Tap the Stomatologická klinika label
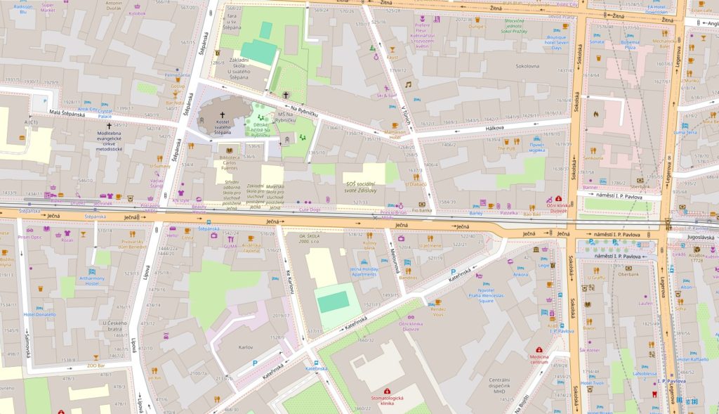click(386, 401)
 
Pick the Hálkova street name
click(495, 128)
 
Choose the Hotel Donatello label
click(39, 315)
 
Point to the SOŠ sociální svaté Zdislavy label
click(363, 186)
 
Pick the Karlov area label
click(246, 347)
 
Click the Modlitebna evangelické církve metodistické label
click(110, 141)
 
